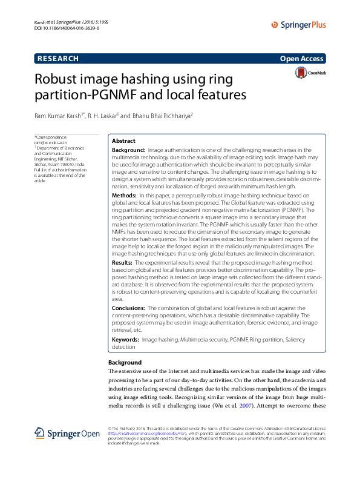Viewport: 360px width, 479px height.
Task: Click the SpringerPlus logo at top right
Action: click(298, 25)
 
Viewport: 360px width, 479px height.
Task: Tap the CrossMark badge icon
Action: click(310, 73)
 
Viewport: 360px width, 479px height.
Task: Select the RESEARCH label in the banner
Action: click(58, 59)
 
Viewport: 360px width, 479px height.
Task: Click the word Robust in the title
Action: click(58, 79)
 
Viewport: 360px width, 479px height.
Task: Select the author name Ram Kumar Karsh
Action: click(59, 114)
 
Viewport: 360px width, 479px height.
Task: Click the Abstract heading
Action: click(124, 140)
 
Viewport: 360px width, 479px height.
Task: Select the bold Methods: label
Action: click(125, 196)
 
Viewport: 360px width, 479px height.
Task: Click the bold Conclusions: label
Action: click(129, 308)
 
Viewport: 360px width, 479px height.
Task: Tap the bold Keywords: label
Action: click(126, 340)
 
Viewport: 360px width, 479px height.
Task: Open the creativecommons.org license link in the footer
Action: click(146, 434)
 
